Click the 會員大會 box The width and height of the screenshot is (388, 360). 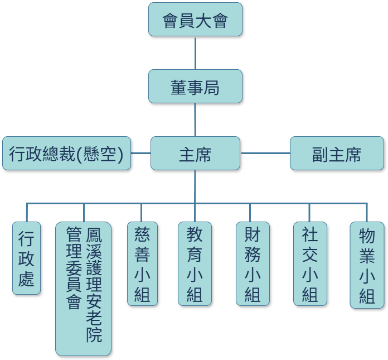[x=195, y=20]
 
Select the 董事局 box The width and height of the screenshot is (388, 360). [x=195, y=87]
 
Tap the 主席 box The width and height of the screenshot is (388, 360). [x=195, y=153]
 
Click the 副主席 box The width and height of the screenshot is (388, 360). [x=337, y=153]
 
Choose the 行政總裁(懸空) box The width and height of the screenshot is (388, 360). [x=66, y=153]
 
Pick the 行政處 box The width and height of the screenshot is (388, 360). [x=26, y=258]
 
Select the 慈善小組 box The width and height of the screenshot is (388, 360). [x=142, y=263]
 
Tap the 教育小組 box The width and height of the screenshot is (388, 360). [x=195, y=263]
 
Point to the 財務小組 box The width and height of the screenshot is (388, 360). [x=253, y=263]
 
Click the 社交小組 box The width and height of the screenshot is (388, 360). [x=310, y=263]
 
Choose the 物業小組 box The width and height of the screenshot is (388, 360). [x=367, y=265]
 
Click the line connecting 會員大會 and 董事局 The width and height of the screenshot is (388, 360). [x=195, y=53]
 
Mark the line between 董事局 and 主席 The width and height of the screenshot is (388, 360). [x=195, y=119]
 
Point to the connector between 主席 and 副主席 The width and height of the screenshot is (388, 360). [x=265, y=153]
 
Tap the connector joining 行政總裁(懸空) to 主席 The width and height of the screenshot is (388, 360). [x=140, y=153]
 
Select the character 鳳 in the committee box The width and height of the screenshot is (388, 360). [x=94, y=235]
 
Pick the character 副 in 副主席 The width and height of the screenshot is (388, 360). [x=319, y=154]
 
